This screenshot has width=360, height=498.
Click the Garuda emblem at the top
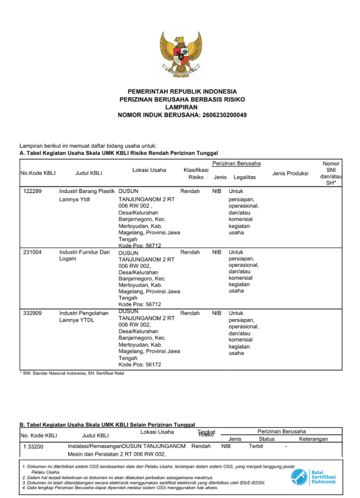[x=181, y=53]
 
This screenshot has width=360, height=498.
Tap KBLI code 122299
[x=32, y=191]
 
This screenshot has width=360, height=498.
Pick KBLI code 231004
[x=32, y=252]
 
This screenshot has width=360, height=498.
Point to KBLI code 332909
[x=32, y=313]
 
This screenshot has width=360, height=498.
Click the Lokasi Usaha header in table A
[x=149, y=170]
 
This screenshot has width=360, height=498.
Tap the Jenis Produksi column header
[x=290, y=174]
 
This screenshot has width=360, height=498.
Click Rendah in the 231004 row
[x=190, y=252]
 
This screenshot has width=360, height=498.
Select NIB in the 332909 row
[x=216, y=313]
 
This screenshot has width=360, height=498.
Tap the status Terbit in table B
[x=256, y=446]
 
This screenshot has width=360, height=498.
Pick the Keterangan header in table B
[x=313, y=439]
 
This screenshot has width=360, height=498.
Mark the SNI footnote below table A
[x=73, y=373]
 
